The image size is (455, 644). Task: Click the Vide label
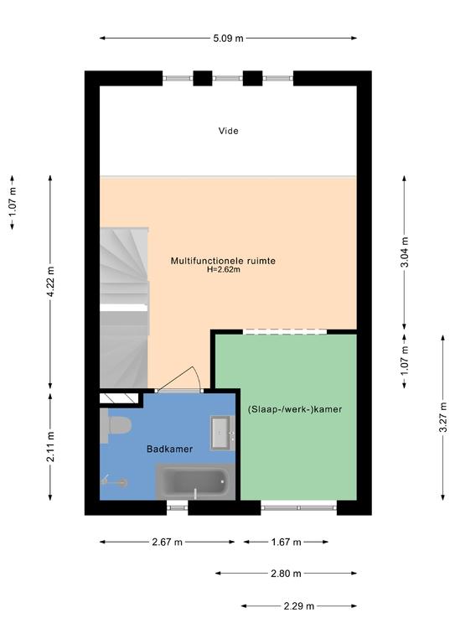click(228, 131)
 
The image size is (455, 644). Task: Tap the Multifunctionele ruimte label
click(223, 261)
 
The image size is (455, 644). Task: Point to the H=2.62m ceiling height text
click(223, 270)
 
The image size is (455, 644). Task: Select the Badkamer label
click(169, 449)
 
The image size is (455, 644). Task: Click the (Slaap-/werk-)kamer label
click(295, 409)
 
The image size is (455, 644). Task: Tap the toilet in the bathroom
click(116, 425)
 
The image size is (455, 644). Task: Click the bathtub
click(195, 482)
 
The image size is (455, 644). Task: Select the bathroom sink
click(220, 434)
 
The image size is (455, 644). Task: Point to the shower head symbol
click(115, 481)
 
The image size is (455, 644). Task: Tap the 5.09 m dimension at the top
click(228, 39)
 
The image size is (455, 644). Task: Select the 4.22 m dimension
click(50, 282)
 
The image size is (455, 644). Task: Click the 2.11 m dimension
click(50, 447)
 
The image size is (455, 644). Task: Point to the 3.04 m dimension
click(405, 252)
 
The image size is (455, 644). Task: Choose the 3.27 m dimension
click(442, 418)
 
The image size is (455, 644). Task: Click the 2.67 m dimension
click(167, 542)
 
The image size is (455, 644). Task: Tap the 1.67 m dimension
click(286, 542)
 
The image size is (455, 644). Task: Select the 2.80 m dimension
click(286, 573)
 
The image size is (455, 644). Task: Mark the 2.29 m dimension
click(299, 605)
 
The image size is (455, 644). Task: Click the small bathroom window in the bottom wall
click(178, 508)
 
